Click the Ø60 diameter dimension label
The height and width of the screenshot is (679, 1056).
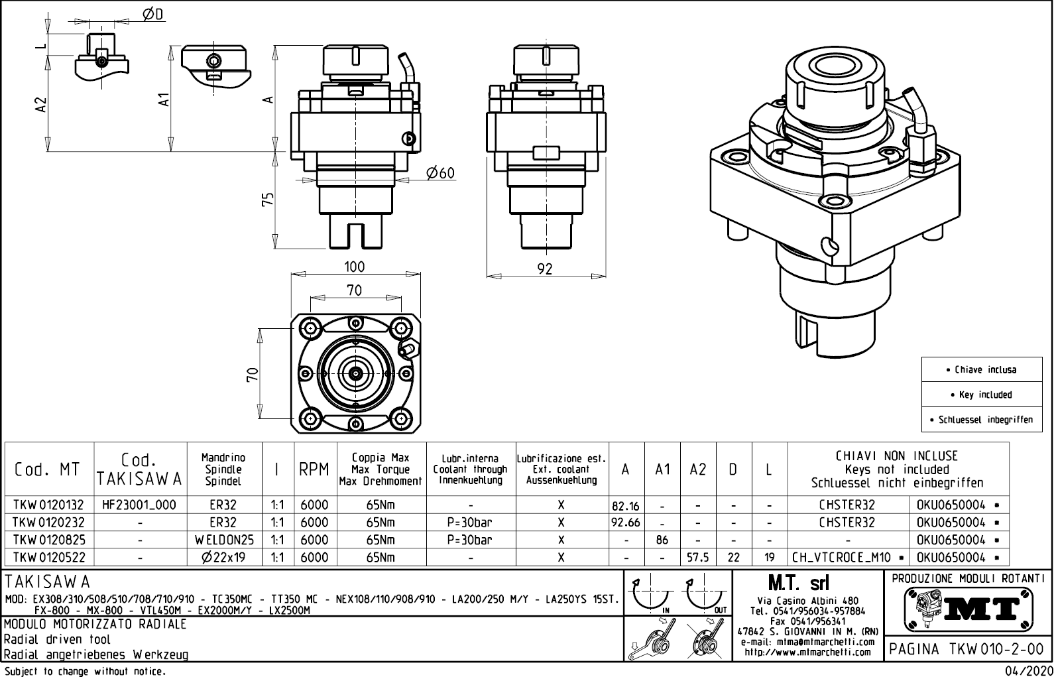point(440,173)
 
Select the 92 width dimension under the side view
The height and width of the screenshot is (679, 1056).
point(544,269)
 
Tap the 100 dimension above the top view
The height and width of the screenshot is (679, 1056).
point(354,267)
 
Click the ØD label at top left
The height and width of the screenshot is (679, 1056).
point(153,15)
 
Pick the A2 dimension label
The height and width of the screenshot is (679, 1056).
point(41,103)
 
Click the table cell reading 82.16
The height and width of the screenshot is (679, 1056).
point(626,506)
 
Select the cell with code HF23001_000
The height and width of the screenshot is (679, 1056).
point(140,505)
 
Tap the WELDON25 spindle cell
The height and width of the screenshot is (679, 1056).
point(224,540)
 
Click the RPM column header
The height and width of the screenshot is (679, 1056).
point(314,469)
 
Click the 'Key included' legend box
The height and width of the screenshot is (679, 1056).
point(982,395)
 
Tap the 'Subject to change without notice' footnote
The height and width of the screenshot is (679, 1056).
point(84,672)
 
